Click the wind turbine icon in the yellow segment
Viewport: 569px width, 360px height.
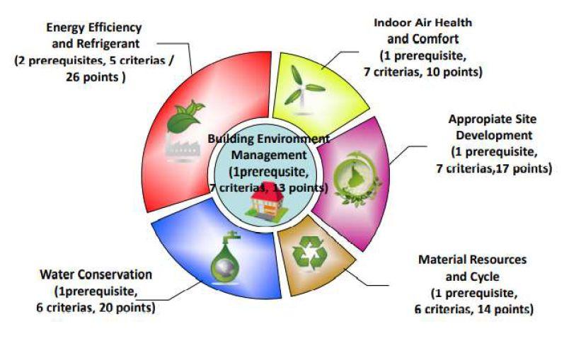click(302, 86)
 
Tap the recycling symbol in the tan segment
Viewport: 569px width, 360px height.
click(309, 252)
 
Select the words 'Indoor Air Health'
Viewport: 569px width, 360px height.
click(423, 23)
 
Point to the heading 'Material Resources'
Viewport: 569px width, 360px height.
click(472, 260)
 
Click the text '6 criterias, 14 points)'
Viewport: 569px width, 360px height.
click(473, 309)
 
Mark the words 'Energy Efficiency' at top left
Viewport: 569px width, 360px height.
click(94, 28)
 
